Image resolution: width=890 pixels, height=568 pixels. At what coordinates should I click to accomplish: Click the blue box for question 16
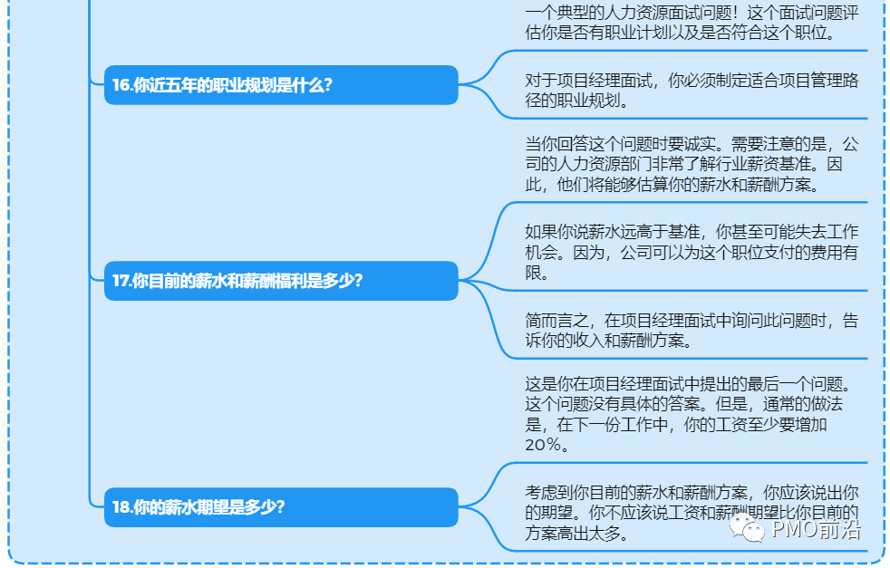[281, 85]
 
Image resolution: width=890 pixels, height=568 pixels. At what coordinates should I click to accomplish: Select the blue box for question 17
[281, 281]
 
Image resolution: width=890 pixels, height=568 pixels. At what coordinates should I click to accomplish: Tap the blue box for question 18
[281, 507]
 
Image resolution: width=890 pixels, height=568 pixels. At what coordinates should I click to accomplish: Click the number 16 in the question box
[121, 86]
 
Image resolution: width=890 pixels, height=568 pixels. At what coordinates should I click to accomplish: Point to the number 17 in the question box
[121, 281]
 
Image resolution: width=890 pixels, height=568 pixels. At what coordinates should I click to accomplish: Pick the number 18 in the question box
[121, 507]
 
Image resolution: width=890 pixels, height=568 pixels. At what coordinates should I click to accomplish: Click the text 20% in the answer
[547, 445]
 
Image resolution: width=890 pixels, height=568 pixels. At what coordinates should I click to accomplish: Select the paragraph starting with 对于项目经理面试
[692, 91]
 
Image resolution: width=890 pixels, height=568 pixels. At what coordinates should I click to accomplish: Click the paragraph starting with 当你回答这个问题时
[692, 164]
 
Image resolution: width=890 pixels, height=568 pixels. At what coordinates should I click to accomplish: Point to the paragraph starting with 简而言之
[692, 330]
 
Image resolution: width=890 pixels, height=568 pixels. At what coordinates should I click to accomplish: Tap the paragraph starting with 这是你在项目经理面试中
[692, 414]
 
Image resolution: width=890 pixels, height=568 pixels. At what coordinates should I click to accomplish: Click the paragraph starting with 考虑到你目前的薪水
[692, 513]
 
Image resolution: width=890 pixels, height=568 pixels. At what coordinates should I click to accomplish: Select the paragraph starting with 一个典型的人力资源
[692, 24]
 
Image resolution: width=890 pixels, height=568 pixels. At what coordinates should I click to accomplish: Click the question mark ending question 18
[280, 507]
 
